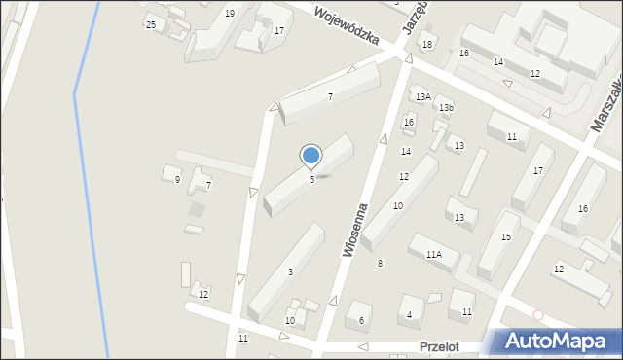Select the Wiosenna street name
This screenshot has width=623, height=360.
point(354,230)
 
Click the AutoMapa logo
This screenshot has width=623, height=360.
point(553,342)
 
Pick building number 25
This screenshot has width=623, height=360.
point(151,24)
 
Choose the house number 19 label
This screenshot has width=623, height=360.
point(229,13)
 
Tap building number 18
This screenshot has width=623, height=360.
point(426,45)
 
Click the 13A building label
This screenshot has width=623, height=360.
point(422,96)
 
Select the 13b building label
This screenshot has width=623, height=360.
point(446,106)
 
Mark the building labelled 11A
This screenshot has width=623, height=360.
point(433,254)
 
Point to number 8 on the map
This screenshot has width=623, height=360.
point(380,264)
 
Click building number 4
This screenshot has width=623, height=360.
point(409,313)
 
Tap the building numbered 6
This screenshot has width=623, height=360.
point(361,320)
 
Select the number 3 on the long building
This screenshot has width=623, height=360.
point(290,271)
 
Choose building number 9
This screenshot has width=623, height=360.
point(177,179)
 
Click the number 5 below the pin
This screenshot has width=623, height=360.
point(311,179)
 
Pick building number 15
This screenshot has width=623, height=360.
point(505,236)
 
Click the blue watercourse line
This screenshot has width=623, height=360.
point(89,195)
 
